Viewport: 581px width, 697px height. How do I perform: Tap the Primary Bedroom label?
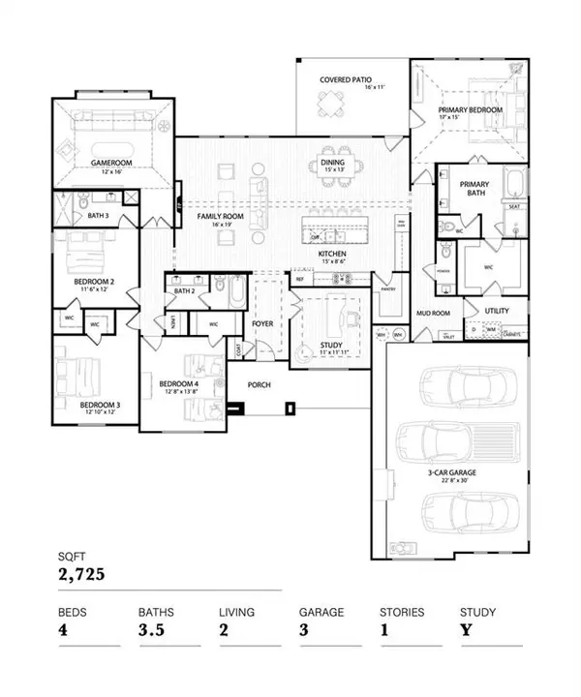[471, 110]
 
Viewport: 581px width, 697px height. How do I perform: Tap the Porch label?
[259, 384]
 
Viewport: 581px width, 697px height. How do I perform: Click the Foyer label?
[263, 324]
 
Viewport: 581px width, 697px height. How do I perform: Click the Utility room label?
[497, 310]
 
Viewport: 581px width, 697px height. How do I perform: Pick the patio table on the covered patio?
[332, 103]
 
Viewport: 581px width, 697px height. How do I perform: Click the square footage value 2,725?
[78, 574]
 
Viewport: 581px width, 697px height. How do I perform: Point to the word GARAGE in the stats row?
[318, 612]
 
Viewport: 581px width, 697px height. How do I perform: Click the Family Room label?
[220, 217]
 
